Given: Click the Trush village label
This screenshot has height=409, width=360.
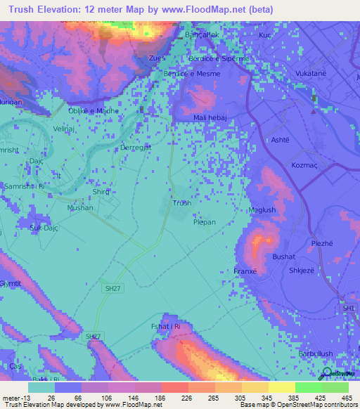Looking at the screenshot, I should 181,203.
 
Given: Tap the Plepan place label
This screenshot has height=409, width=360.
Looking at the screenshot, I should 205,221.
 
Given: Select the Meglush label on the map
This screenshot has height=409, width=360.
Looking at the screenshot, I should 262,210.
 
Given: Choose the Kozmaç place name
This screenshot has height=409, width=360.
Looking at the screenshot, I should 307,165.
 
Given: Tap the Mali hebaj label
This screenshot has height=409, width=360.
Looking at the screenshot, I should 212,118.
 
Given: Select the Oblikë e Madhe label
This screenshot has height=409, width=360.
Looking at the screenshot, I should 93,110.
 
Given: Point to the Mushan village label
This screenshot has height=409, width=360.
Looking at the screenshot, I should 79,208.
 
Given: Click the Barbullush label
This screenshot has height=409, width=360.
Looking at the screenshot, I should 315,353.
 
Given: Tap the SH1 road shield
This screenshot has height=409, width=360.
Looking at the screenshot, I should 349,308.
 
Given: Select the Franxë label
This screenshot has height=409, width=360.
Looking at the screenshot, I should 245,271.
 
